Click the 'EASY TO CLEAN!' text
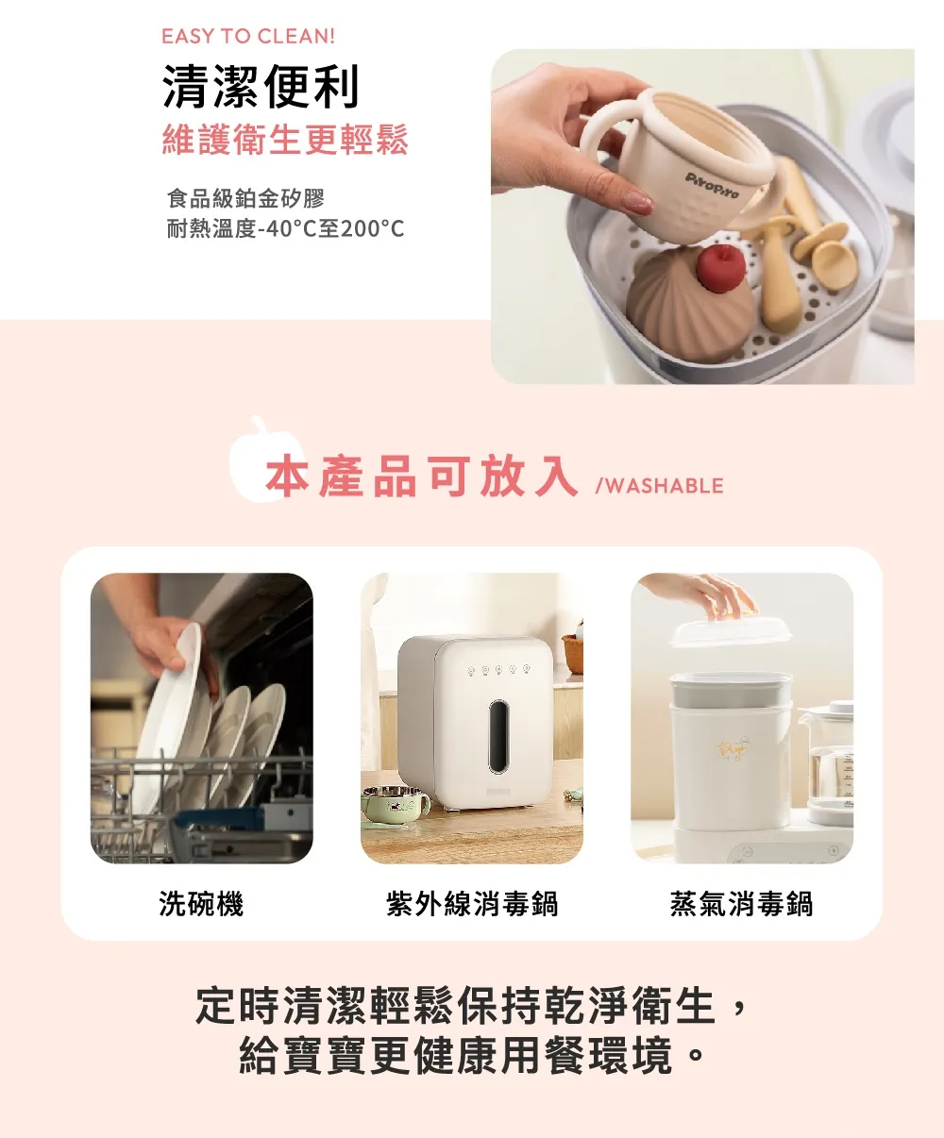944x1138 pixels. [x=248, y=37]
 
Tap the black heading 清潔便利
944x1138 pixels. [x=261, y=87]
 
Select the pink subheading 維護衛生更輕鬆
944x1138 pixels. [x=285, y=140]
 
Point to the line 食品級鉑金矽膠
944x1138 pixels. [x=246, y=198]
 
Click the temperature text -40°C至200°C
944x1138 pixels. [x=330, y=229]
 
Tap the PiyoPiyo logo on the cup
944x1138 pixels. [x=712, y=185]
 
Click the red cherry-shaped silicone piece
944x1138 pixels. [x=721, y=268]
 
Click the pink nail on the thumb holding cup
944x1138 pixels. [x=638, y=203]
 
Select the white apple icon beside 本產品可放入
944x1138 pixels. [x=259, y=460]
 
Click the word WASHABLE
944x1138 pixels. [x=665, y=486]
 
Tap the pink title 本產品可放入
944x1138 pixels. [x=422, y=477]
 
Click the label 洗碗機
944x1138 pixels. [x=201, y=904]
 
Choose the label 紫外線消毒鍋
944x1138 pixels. [x=472, y=904]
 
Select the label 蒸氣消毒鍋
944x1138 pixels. [x=742, y=904]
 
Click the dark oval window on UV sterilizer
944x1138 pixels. [x=498, y=737]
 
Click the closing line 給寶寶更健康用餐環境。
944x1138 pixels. [x=472, y=1056]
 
